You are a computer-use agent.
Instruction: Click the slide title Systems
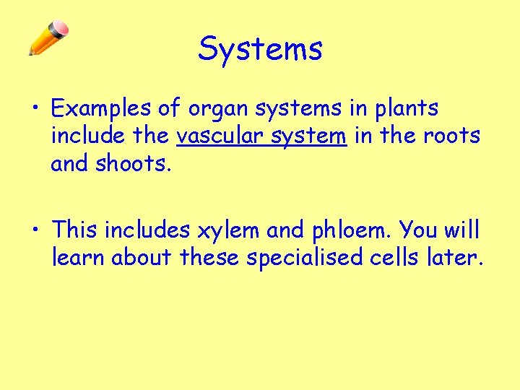tap(260, 49)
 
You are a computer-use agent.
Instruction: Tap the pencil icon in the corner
tap(48, 38)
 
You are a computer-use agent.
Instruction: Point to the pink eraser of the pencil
tap(61, 28)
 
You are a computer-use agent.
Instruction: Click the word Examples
tap(100, 109)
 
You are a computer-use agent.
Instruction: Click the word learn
tap(78, 257)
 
